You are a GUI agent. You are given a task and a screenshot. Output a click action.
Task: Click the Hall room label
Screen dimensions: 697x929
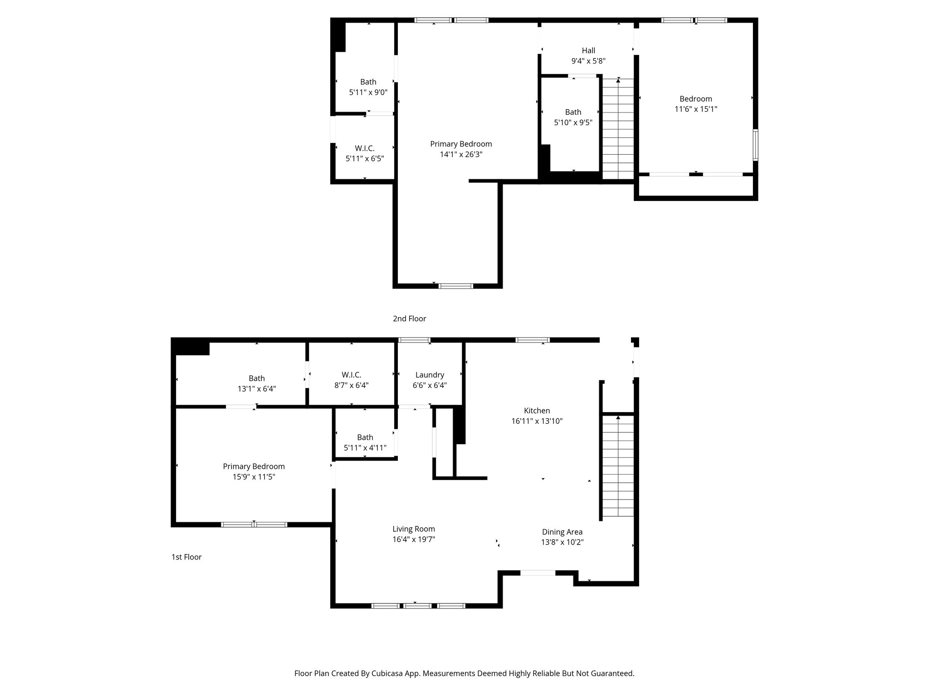click(588, 50)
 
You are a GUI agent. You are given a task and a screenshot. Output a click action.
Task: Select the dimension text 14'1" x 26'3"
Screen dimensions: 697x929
click(461, 154)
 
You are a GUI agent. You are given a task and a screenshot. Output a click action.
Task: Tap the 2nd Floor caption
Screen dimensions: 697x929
click(409, 319)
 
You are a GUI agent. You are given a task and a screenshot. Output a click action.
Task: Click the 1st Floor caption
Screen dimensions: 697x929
click(186, 557)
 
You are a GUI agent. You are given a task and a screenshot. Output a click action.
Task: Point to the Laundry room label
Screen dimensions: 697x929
click(430, 375)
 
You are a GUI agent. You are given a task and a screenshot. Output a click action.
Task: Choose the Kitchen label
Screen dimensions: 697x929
click(537, 411)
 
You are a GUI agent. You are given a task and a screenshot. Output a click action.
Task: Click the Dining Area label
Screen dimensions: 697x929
click(562, 532)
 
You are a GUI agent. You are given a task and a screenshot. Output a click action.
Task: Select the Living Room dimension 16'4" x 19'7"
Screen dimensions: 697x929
click(414, 540)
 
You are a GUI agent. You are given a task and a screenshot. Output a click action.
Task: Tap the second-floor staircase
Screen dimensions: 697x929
click(618, 129)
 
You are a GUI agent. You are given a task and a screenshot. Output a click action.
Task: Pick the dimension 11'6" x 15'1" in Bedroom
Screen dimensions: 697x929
click(695, 109)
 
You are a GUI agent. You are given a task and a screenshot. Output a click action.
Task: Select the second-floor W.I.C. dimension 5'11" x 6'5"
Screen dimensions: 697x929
click(365, 159)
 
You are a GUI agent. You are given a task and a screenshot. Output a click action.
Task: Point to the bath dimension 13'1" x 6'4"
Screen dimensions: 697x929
click(257, 389)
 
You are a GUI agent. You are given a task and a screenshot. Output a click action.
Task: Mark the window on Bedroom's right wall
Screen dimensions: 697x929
click(755, 145)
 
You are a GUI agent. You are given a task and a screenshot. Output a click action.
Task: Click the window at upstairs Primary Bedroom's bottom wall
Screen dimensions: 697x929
click(456, 286)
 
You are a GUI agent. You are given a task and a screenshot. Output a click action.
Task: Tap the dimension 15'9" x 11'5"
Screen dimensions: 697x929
click(254, 477)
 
